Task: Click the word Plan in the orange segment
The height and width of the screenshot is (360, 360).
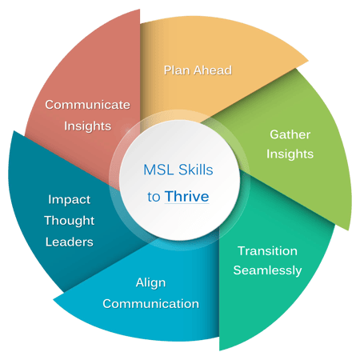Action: point(178,70)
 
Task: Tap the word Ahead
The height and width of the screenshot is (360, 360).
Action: point(213,70)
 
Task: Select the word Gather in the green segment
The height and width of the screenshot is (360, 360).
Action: point(290,134)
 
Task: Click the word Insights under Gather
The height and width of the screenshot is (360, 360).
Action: point(290,154)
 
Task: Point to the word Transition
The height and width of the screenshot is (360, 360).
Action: point(267,251)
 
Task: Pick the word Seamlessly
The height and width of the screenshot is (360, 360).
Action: point(267,270)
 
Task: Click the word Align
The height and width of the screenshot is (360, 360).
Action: point(150,283)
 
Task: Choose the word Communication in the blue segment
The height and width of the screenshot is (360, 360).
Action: point(151,304)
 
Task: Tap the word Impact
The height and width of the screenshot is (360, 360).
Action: point(70,200)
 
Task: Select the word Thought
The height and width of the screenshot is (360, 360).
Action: point(70,221)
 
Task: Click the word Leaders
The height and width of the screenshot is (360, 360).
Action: point(70,242)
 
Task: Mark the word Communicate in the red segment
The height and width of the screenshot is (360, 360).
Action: point(87,105)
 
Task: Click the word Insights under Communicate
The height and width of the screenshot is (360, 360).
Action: point(87,126)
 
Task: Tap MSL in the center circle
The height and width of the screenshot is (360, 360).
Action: point(159,170)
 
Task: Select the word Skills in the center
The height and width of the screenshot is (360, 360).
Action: point(196,170)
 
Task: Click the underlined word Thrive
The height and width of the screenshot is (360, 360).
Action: point(186,197)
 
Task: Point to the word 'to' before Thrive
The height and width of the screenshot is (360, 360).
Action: point(154,197)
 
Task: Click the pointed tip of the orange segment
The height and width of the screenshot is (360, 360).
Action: point(309,61)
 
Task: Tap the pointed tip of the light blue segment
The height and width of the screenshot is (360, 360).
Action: point(54,300)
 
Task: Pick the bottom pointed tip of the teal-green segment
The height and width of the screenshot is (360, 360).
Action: point(219,350)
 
